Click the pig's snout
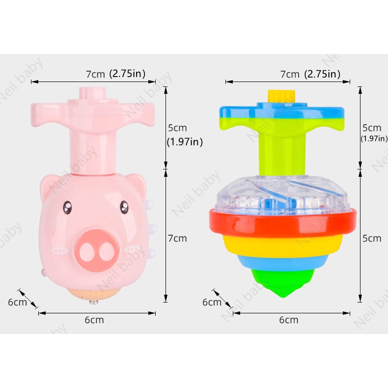[x=97, y=250]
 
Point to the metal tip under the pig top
[x=94, y=302]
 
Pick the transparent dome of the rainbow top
[x=282, y=194]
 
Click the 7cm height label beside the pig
[x=177, y=238]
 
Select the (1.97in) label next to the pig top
[x=185, y=142]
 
